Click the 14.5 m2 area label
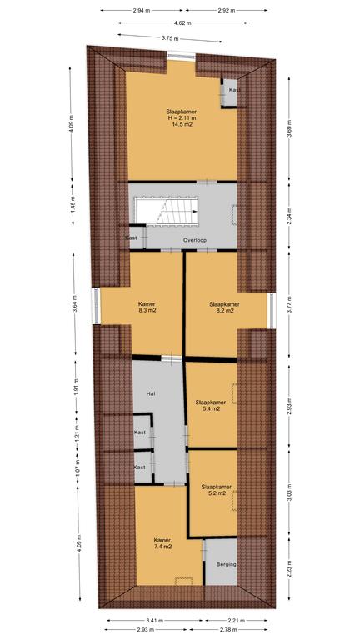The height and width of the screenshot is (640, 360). (x=182, y=124)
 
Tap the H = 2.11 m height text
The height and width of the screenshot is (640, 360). (x=182, y=118)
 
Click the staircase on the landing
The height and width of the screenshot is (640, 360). (x=167, y=210)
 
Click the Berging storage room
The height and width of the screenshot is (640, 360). (x=221, y=562)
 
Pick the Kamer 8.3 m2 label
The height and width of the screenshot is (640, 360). (x=147, y=307)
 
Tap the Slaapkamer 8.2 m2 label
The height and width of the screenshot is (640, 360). (x=224, y=307)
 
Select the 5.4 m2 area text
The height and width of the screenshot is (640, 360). (x=211, y=408)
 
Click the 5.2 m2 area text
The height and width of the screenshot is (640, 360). (x=217, y=493)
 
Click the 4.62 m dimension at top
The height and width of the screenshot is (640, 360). (x=182, y=23)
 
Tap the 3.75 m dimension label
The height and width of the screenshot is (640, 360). (x=170, y=39)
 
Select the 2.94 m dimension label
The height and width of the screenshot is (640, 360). (x=142, y=11)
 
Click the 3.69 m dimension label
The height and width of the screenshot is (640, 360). (x=289, y=127)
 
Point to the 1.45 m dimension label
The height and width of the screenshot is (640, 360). (x=73, y=204)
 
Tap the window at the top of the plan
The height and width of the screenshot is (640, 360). (x=181, y=56)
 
